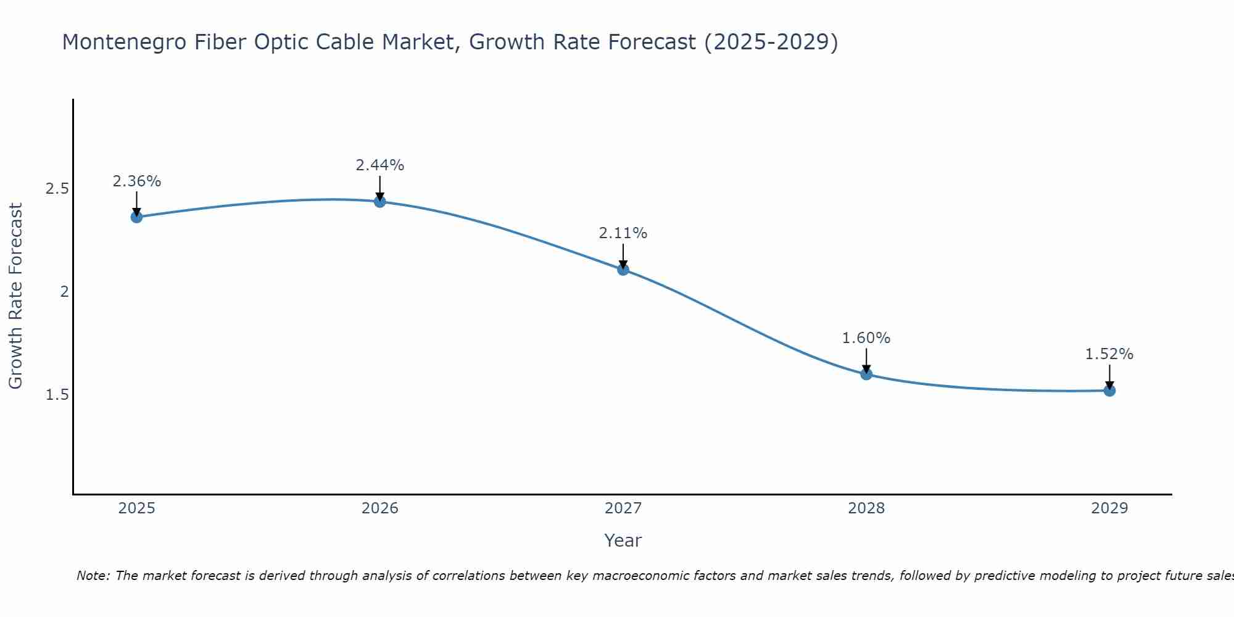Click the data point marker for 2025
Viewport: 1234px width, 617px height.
(x=136, y=217)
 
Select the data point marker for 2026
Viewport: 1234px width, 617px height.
(x=379, y=201)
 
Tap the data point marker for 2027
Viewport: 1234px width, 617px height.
(x=623, y=269)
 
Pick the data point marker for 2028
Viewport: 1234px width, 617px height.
(x=866, y=374)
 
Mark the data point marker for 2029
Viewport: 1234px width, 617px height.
(x=1109, y=390)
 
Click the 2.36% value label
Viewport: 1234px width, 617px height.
(x=136, y=181)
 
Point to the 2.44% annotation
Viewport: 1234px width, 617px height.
(x=379, y=165)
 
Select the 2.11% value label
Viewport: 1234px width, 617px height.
(x=623, y=233)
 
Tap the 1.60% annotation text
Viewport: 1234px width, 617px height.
(x=866, y=338)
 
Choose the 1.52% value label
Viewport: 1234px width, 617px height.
(x=1109, y=354)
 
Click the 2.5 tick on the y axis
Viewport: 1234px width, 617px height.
(x=57, y=189)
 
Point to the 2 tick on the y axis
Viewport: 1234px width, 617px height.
(x=64, y=292)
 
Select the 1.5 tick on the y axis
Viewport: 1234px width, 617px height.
(x=57, y=394)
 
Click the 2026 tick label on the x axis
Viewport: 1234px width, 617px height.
(x=379, y=508)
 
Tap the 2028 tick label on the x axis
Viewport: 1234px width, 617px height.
(x=866, y=508)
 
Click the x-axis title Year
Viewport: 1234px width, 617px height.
(x=623, y=540)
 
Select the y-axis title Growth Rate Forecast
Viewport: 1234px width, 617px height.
(x=15, y=296)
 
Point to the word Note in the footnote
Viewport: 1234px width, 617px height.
(x=93, y=576)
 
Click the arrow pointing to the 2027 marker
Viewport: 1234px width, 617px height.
(x=623, y=255)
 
